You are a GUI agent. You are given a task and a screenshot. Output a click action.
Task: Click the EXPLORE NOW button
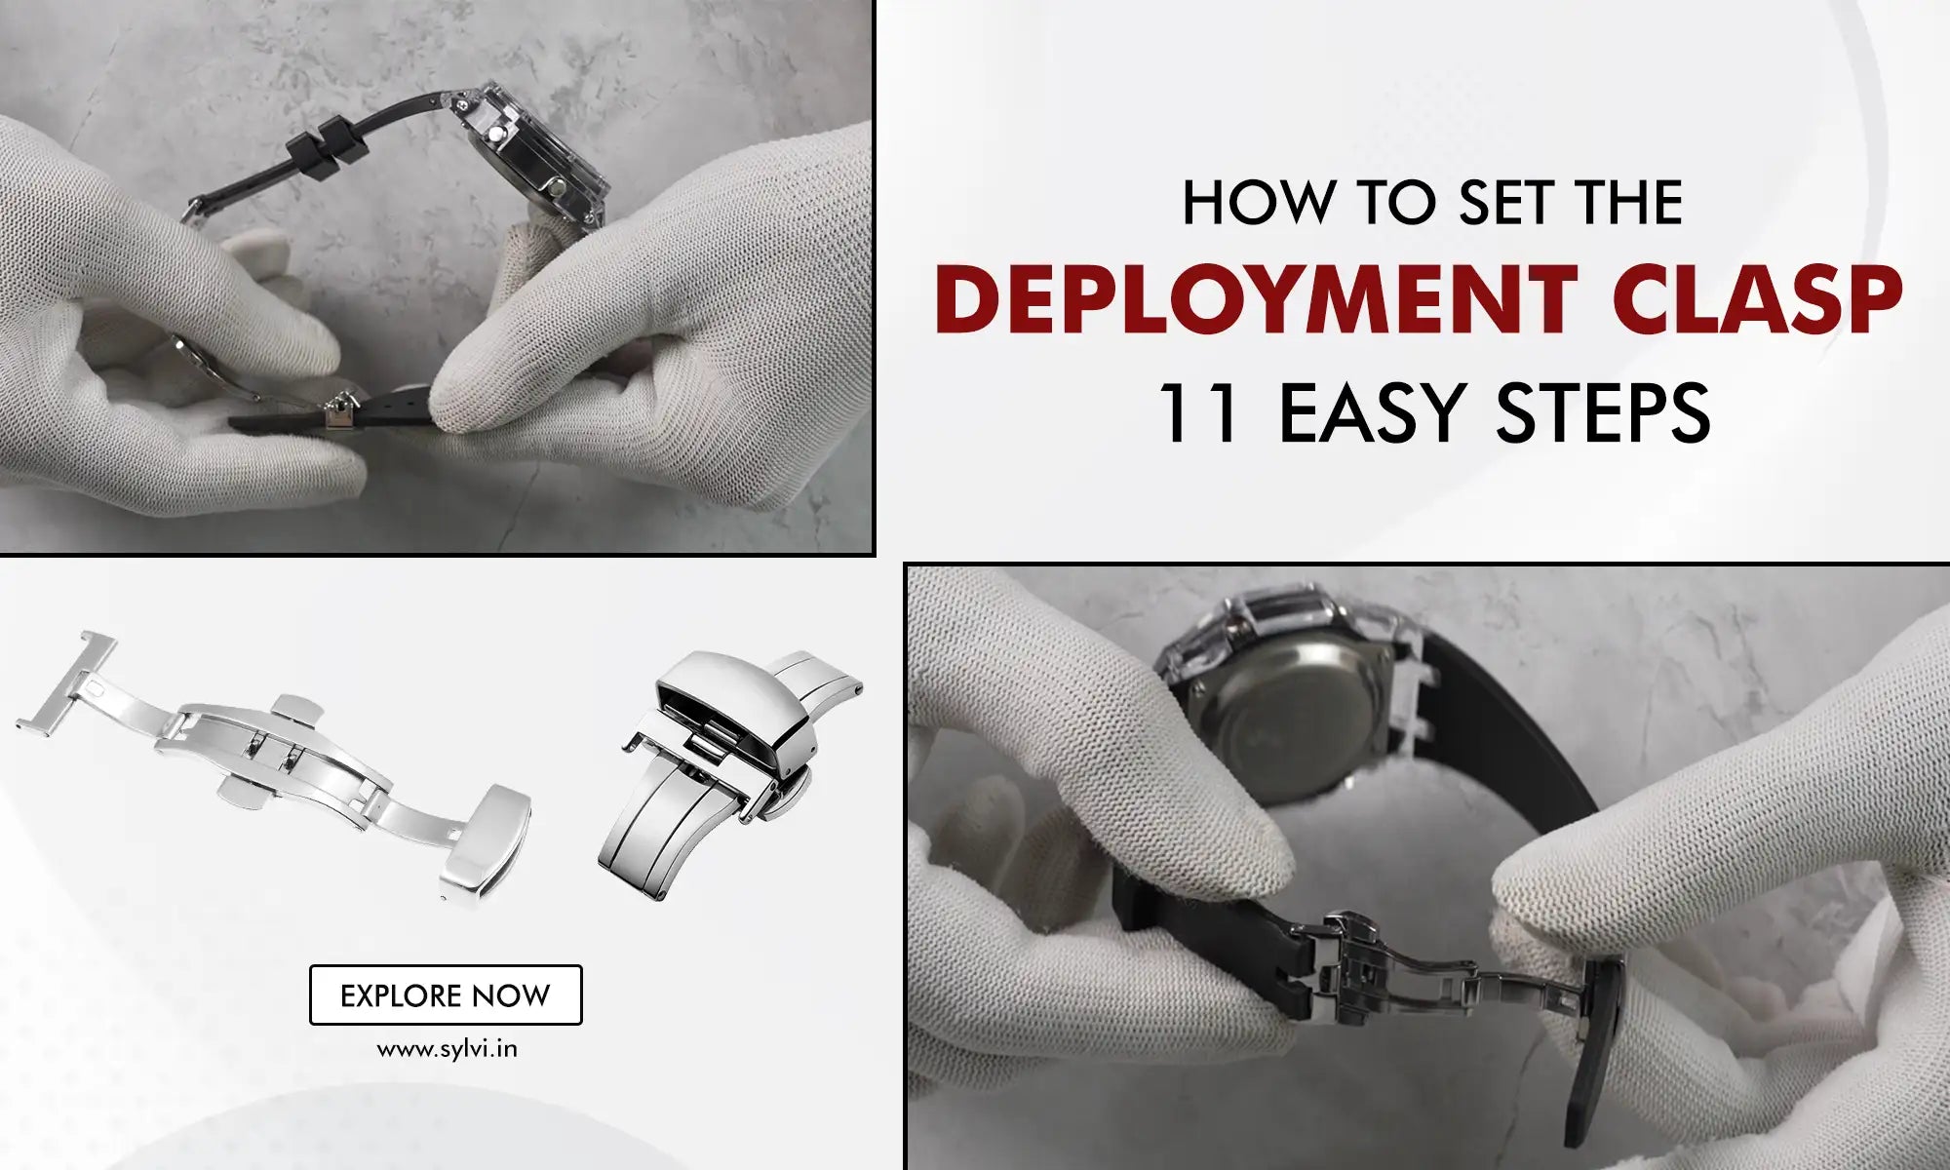coord(446,994)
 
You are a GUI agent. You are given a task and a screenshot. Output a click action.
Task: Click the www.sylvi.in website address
coord(447,1050)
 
